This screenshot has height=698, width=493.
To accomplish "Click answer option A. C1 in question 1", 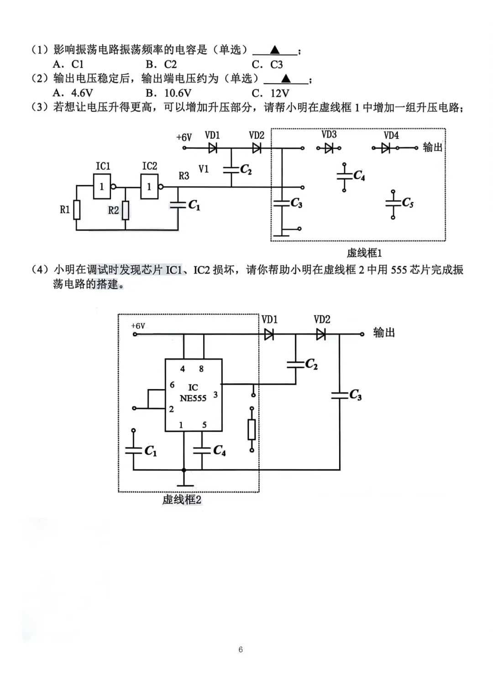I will [x=68, y=64].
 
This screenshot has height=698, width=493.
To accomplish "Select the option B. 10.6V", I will [x=168, y=93].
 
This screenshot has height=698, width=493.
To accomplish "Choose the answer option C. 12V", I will [x=270, y=93].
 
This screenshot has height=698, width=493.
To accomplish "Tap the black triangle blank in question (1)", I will [x=275, y=50].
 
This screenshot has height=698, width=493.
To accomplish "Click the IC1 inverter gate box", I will [x=102, y=186].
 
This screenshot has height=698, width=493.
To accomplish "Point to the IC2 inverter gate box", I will [x=149, y=186].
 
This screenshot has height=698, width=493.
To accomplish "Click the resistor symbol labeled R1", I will [x=77, y=210].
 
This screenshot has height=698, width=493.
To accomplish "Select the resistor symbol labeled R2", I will [x=125, y=210].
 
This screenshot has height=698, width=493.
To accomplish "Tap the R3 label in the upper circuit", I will [x=184, y=176].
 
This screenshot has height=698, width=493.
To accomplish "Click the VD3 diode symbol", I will [x=329, y=148].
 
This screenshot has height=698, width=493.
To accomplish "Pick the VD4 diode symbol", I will [x=386, y=148].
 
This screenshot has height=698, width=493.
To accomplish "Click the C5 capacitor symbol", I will [x=393, y=204].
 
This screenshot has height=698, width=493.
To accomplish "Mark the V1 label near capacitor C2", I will [x=204, y=169].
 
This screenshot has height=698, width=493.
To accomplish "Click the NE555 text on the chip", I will [x=193, y=398].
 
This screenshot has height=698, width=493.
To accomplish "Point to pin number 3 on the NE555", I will [x=215, y=394].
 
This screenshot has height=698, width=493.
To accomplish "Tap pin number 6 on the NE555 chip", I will [x=172, y=385].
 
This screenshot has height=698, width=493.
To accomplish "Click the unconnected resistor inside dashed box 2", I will [x=252, y=429].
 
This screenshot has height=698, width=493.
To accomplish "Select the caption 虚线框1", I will [x=364, y=253].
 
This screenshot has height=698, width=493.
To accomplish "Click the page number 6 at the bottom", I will [x=241, y=650].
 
